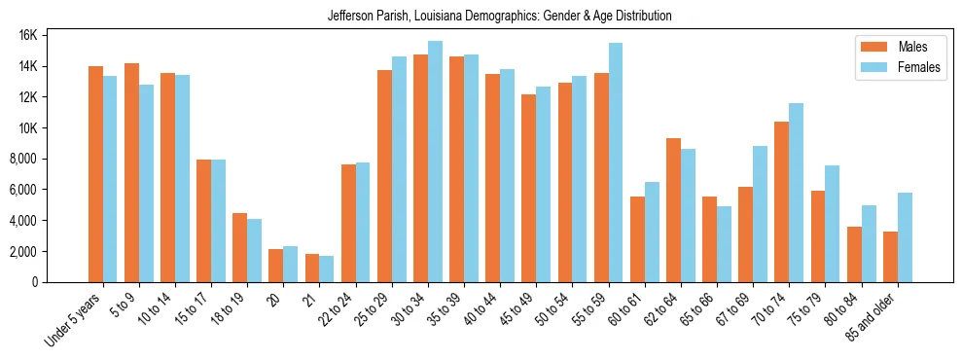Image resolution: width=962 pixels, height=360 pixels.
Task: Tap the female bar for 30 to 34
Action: [435, 162]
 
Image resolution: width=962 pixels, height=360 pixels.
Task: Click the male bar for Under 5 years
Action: [95, 174]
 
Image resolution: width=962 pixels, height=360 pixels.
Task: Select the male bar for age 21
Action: [312, 268]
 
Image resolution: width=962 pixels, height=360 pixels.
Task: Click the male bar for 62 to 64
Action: [673, 210]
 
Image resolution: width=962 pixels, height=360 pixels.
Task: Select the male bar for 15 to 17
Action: [204, 221]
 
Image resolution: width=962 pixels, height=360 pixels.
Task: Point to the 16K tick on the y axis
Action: [53, 35]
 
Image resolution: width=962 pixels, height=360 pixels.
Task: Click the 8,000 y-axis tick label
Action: [50, 159]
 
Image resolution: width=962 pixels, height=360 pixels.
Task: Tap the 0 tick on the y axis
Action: [60, 282]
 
